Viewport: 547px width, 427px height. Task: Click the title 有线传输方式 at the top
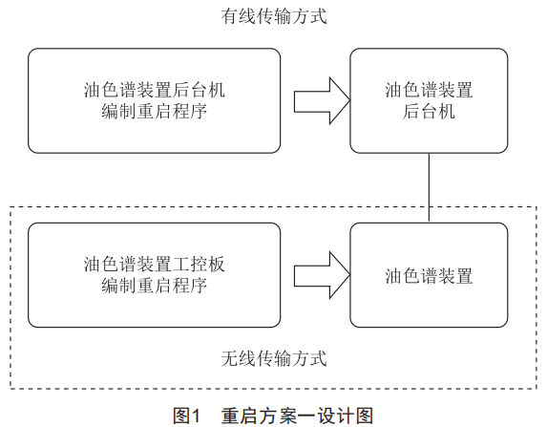[274, 16]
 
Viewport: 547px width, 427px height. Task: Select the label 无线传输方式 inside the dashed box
[274, 358]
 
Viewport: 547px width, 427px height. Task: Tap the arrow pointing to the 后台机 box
[322, 101]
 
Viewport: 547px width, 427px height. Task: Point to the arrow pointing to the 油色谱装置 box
[322, 275]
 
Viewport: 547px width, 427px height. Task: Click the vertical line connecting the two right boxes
[429, 187]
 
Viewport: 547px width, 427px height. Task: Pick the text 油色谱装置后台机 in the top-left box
[155, 90]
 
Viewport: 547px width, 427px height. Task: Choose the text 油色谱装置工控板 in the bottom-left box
[155, 265]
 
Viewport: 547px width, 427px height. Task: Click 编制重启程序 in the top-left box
[155, 112]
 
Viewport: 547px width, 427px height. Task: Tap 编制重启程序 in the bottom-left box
[155, 286]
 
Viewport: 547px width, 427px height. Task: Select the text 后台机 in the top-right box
[429, 112]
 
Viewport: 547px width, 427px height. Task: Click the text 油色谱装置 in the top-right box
[429, 90]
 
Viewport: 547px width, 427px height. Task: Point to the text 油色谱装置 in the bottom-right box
[429, 276]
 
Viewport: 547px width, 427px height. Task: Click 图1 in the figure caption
[187, 416]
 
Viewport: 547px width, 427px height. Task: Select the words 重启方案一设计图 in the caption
[297, 416]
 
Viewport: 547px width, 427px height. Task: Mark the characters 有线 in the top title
[239, 16]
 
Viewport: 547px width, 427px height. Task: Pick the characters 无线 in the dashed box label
[239, 358]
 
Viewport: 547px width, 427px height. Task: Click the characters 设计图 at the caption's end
[346, 416]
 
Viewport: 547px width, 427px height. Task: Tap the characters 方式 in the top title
[309, 16]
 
